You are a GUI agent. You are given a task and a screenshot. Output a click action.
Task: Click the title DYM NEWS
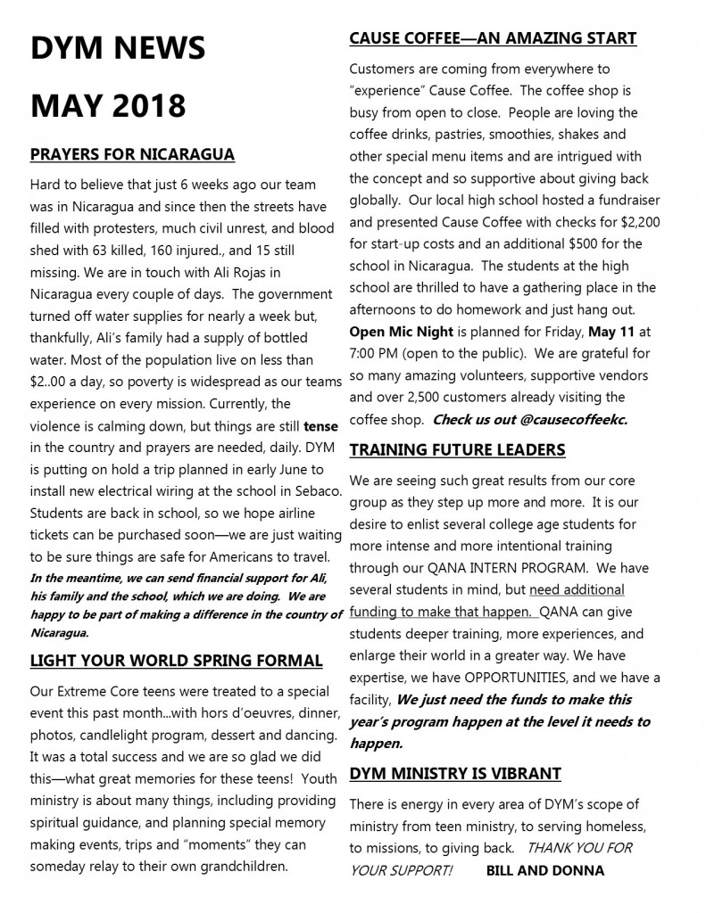(117, 47)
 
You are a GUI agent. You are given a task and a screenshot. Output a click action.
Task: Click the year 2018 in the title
(145, 105)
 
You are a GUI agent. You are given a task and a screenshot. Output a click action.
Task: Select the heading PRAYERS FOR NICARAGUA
(132, 154)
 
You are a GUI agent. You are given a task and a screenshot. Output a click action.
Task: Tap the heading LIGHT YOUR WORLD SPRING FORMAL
(176, 661)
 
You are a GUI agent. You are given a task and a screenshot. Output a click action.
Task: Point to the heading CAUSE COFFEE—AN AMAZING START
(493, 37)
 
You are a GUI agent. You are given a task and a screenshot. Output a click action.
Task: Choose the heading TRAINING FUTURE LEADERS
(457, 448)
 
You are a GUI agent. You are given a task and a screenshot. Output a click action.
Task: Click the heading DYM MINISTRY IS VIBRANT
(455, 772)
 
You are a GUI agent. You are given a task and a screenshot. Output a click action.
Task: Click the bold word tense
(320, 426)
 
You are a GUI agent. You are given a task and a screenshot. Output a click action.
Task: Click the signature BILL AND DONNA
(545, 869)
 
